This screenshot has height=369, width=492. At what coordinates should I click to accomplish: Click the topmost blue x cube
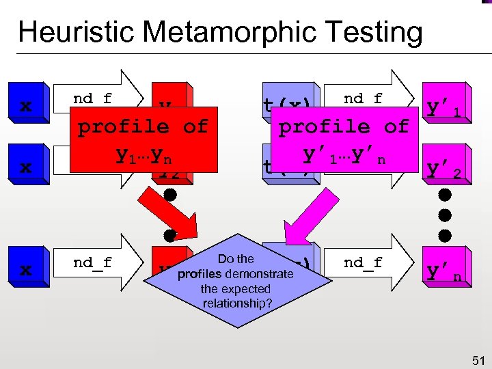(26, 106)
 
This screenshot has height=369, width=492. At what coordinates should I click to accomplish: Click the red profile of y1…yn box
(141, 137)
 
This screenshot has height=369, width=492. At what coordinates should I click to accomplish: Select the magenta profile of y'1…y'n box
(343, 137)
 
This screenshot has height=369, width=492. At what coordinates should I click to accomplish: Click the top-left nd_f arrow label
(93, 98)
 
